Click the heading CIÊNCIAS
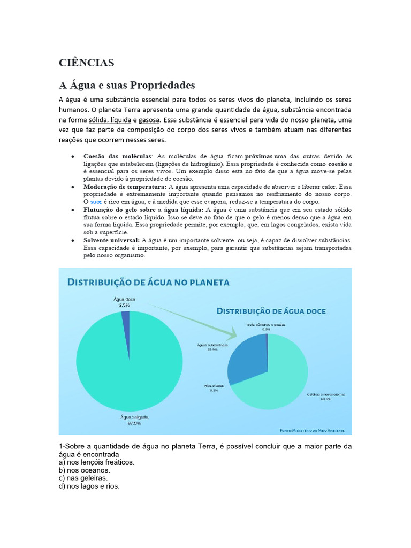[86, 63]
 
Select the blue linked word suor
[96, 202]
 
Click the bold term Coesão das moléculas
[118, 156]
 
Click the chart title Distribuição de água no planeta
[148, 282]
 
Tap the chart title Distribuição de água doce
[271, 311]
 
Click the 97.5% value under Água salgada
[134, 423]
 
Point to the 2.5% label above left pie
[124, 305]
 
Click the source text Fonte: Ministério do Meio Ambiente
[312, 430]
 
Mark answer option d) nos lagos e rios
[89, 486]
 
